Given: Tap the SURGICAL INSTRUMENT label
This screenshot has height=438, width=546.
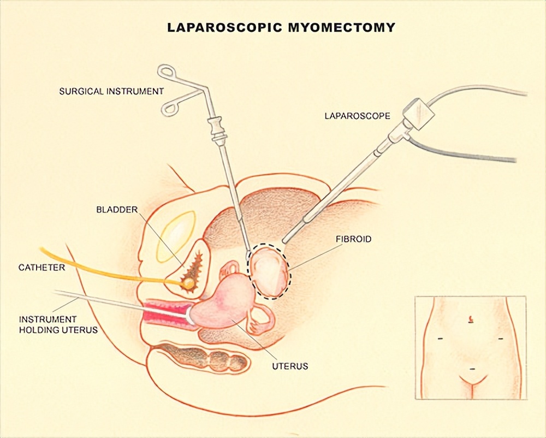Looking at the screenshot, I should [x=111, y=91].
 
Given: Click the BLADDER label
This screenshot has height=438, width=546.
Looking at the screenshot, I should [x=117, y=209].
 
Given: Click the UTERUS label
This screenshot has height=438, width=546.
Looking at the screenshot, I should [x=290, y=366].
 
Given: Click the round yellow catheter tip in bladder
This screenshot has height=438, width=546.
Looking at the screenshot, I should [x=188, y=283].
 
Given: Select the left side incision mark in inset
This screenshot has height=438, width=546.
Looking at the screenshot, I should [x=440, y=339].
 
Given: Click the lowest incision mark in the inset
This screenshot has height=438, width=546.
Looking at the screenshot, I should [x=471, y=369].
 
